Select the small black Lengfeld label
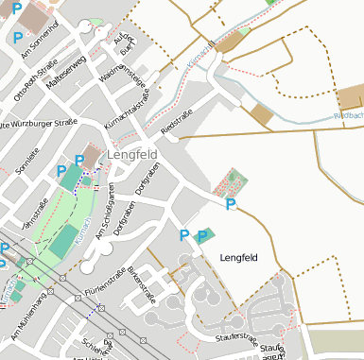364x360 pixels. tap(238, 257)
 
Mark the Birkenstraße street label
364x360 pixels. tap(140, 287)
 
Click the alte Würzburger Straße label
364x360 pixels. tap(38, 123)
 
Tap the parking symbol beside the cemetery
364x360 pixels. tap(230, 204)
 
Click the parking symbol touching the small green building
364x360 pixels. tap(200, 235)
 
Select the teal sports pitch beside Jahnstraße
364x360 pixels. tap(65, 242)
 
